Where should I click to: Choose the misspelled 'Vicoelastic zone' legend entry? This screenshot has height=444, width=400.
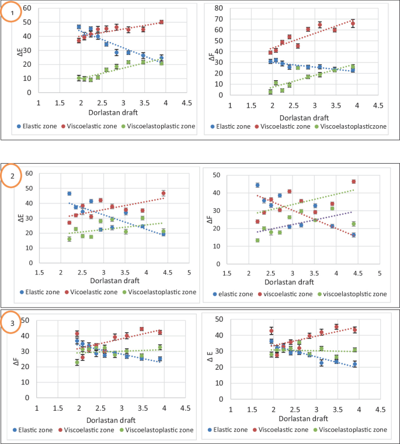pyautogui.click(x=91, y=292)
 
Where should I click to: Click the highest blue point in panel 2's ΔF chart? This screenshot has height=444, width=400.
pyautogui.click(x=258, y=185)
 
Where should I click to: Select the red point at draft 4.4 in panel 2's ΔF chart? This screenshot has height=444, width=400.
pyautogui.click(x=353, y=181)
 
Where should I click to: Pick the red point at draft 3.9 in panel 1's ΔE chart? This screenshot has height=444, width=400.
pyautogui.click(x=161, y=22)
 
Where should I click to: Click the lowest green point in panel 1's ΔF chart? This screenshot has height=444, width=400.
pyautogui.click(x=270, y=92)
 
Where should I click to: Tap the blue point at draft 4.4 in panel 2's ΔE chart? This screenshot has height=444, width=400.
pyautogui.click(x=164, y=234)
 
